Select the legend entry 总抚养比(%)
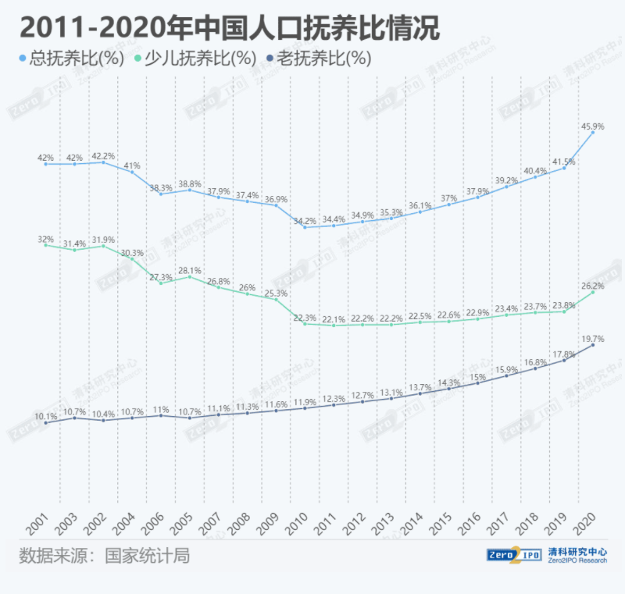click(71, 58)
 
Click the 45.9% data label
click(593, 126)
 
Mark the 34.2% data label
click(305, 221)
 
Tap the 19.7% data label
click(593, 339)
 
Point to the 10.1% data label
click(46, 417)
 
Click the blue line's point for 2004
click(132, 173)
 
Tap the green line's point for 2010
click(305, 323)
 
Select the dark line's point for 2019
click(564, 360)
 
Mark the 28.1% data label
click(190, 271)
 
